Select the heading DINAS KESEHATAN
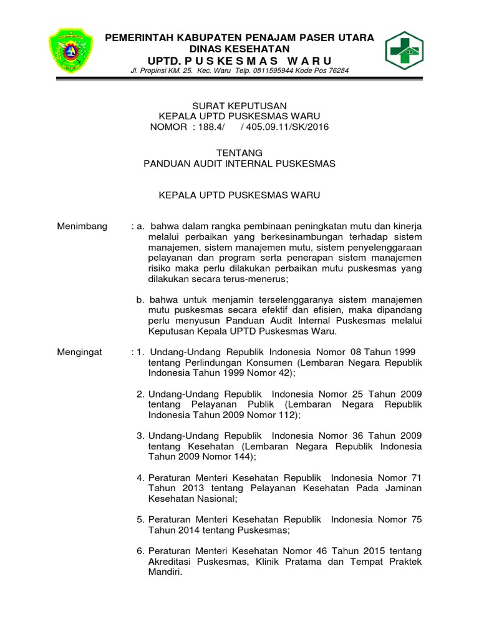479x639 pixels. [x=240, y=49]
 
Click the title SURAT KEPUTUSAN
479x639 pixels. [x=239, y=106]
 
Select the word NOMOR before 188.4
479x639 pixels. [x=168, y=127]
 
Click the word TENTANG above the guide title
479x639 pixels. [x=239, y=153]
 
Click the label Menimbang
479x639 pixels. [x=82, y=226]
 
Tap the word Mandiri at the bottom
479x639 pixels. [x=164, y=572]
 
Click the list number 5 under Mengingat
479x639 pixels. [x=140, y=520]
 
